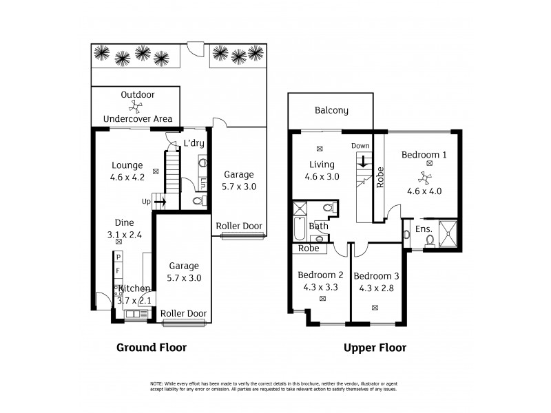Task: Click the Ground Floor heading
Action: tap(150, 348)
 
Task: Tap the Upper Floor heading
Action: tap(375, 348)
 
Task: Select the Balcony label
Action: tap(331, 110)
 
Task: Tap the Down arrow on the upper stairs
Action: tap(362, 162)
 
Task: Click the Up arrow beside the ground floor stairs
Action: tap(159, 202)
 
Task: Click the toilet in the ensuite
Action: tap(429, 240)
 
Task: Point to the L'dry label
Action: tap(194, 143)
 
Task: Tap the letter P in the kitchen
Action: tap(118, 258)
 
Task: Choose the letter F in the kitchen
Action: tap(118, 271)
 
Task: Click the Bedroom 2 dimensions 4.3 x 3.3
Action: tap(320, 287)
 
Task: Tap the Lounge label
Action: tap(127, 165)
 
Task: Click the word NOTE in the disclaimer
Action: tap(157, 383)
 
